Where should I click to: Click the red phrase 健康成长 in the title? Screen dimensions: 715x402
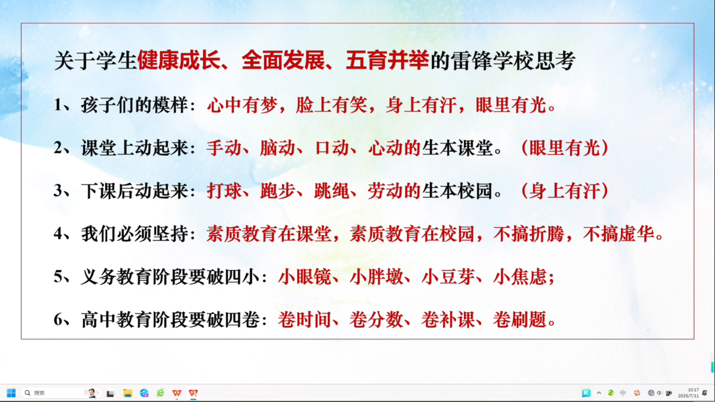click(179, 60)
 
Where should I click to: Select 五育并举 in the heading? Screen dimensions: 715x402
click(387, 60)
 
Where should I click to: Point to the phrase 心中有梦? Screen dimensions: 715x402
click(242, 105)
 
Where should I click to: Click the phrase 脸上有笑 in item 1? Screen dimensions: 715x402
click(331, 105)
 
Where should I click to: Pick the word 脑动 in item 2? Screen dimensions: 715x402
click(277, 148)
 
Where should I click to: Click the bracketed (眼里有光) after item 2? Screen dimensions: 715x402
click(565, 148)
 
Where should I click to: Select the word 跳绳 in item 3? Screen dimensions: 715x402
click(331, 191)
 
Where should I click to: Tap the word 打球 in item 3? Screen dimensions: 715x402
click(224, 191)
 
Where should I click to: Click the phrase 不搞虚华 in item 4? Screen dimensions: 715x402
click(618, 234)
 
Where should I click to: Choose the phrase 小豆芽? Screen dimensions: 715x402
click(448, 276)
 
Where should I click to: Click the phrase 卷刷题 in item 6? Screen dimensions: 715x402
click(519, 320)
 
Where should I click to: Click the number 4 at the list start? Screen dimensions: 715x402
click(58, 234)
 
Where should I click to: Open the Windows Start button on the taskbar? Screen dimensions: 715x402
click(11, 393)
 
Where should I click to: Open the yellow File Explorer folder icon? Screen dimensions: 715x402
click(128, 393)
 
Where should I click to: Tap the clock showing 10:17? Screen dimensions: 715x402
click(693, 390)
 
